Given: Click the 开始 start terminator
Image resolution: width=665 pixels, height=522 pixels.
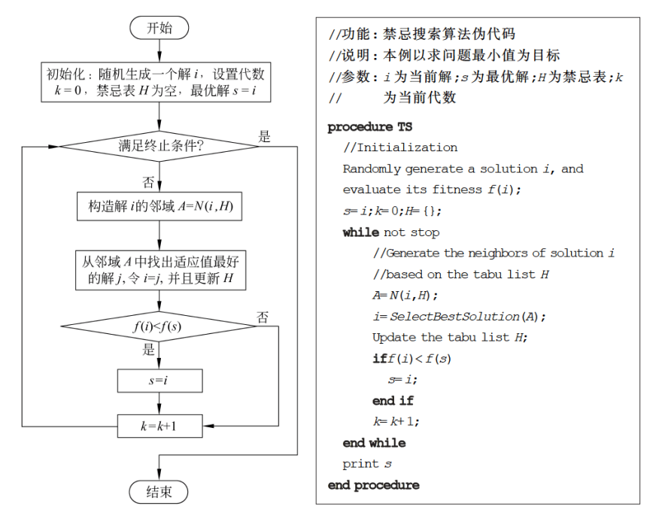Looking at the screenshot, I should [159, 28].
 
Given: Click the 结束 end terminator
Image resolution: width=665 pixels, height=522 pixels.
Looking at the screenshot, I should [159, 492].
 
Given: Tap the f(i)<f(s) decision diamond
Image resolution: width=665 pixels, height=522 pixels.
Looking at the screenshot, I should [159, 326].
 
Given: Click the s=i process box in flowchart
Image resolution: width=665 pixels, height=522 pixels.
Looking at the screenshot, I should [159, 381].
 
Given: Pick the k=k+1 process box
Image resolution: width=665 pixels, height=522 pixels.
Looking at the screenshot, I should [159, 426].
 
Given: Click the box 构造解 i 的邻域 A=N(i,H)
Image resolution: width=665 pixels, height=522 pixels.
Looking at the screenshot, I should [159, 206].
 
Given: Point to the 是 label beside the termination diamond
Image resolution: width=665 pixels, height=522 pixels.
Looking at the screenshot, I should [264, 136].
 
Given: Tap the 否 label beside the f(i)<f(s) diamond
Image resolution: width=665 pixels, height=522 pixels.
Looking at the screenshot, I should [263, 317].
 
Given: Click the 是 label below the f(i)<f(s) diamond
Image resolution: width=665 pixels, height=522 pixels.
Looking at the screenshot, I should [148, 350].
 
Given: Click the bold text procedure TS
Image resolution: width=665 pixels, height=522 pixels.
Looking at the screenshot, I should [369, 127].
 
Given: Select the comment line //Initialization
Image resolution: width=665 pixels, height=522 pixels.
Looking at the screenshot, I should [399, 147].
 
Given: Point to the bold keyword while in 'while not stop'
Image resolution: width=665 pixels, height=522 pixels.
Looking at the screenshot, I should [360, 232].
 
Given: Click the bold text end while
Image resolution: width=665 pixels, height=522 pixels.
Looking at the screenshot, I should [374, 442].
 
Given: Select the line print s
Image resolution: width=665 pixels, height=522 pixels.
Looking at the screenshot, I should [366, 463].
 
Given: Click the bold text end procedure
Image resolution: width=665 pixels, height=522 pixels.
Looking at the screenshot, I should [373, 485].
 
